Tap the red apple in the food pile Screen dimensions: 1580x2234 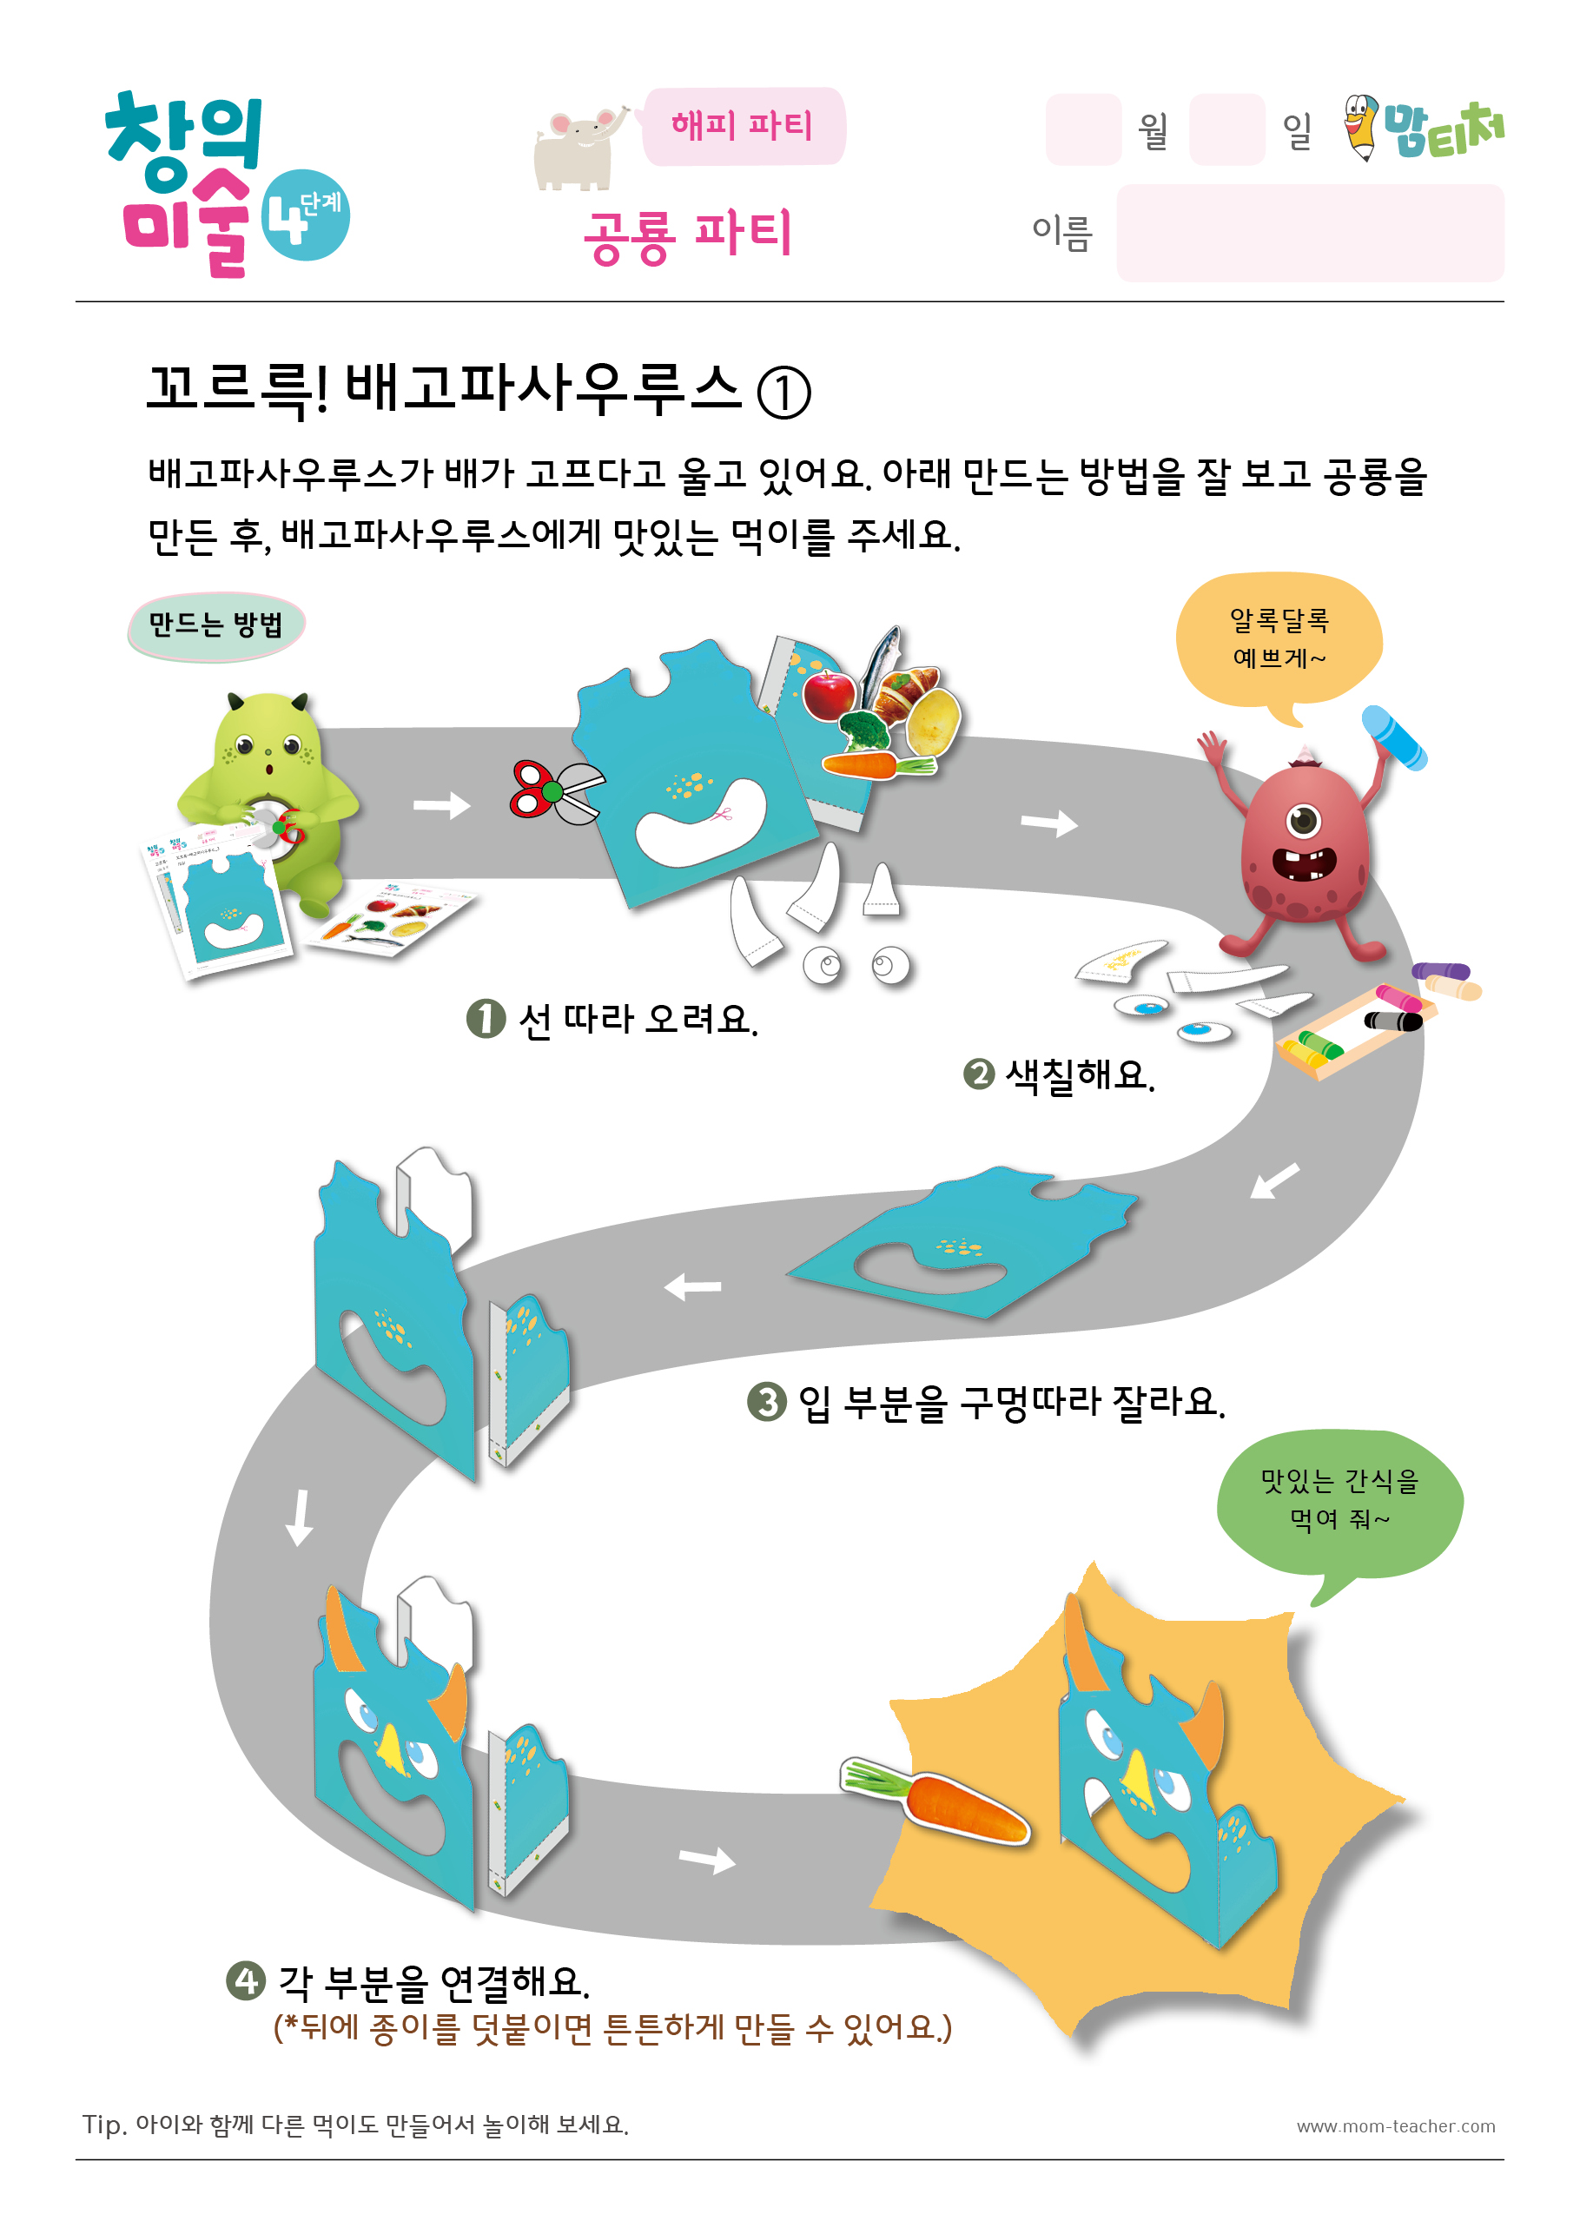coord(829,695)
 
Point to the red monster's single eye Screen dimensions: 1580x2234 coord(1303,820)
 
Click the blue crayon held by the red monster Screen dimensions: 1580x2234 coord(1394,737)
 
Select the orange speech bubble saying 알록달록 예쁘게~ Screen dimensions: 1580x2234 coord(1279,643)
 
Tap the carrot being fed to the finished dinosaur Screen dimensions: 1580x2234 coord(933,1803)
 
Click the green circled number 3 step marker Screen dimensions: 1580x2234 coord(767,1402)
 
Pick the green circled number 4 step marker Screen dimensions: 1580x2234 coord(246,1980)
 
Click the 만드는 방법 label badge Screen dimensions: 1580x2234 coord(216,625)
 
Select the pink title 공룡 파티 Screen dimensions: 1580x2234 coord(688,235)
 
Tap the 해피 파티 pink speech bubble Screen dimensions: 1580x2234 coord(743,126)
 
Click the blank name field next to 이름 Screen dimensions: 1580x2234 coord(1310,233)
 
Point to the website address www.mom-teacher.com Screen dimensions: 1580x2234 coord(1395,2126)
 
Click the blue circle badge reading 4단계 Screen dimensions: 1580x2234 coord(306,215)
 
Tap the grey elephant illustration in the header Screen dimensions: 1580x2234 coord(578,149)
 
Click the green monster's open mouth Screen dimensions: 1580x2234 coord(269,769)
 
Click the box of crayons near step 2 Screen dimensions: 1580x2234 coord(1353,1028)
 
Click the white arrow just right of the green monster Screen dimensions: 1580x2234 coord(442,806)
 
